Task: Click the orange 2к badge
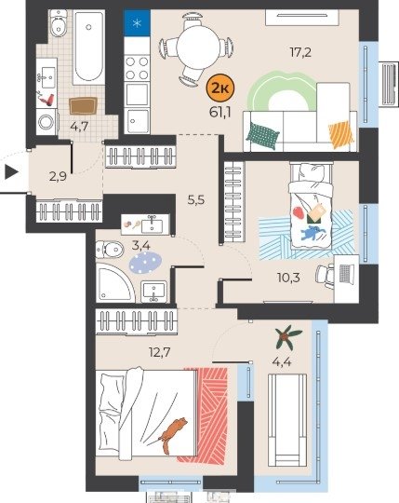[x=220, y=88]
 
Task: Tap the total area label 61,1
[x=220, y=113]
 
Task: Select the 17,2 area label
[x=300, y=52]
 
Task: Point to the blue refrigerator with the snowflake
[x=137, y=22]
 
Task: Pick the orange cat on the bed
[x=172, y=435]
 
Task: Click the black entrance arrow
[x=11, y=172]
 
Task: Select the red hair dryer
[x=47, y=99]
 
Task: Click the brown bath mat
[x=83, y=106]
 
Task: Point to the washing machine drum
[x=47, y=122]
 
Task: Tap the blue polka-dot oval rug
[x=145, y=263]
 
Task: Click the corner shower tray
[x=115, y=283]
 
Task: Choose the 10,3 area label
[x=288, y=278]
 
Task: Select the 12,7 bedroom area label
[x=159, y=352]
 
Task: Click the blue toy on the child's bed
[x=313, y=232]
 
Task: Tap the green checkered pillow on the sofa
[x=262, y=136]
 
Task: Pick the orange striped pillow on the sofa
[x=341, y=135]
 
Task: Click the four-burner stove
[x=137, y=68]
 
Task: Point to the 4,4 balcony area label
[x=282, y=362]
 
